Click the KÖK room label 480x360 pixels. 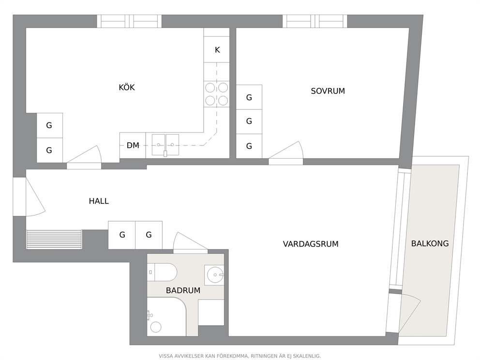click(x=127, y=88)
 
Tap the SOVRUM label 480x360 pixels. click(x=328, y=91)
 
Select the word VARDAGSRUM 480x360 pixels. click(x=311, y=244)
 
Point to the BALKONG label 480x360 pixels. click(x=430, y=244)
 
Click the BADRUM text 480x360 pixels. click(x=183, y=290)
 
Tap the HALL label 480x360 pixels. click(x=99, y=201)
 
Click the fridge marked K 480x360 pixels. click(x=217, y=49)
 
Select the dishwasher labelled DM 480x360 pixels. click(x=133, y=146)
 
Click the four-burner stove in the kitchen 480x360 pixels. click(x=216, y=94)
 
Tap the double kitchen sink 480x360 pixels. click(x=165, y=145)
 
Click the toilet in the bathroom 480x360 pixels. click(x=162, y=272)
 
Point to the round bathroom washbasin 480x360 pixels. click(x=215, y=274)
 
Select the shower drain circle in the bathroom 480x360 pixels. click(x=156, y=327)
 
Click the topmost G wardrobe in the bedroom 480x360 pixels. click(x=249, y=97)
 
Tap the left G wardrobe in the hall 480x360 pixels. click(x=122, y=235)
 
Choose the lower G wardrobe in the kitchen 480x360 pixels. click(x=49, y=150)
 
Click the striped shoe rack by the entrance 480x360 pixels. click(x=54, y=240)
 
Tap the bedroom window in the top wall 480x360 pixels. click(x=315, y=21)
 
